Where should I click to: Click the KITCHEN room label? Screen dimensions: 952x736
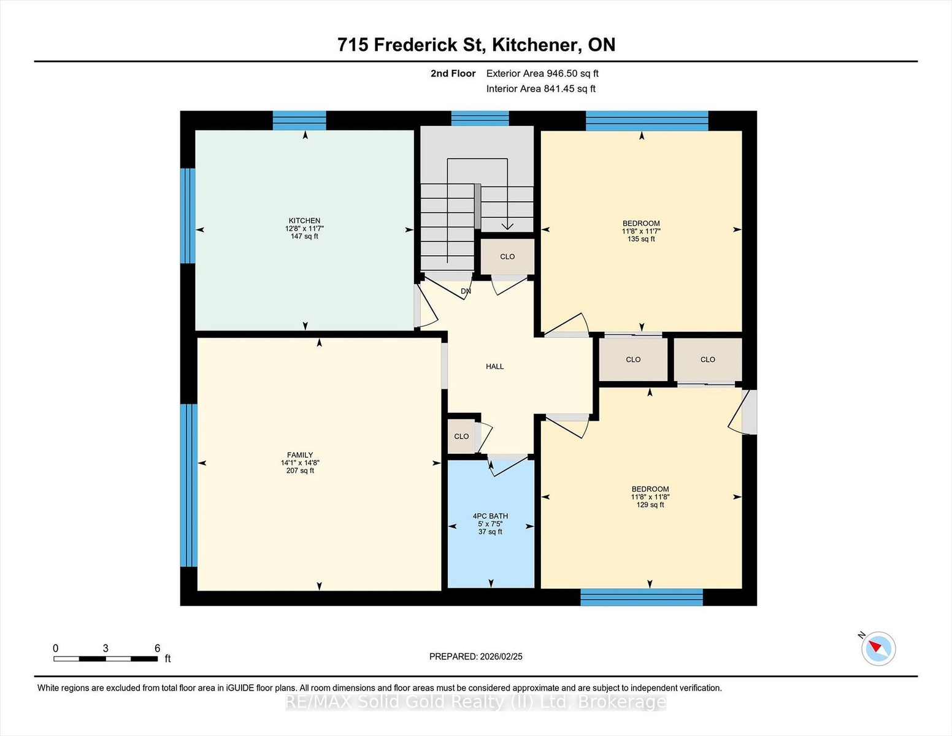(x=304, y=221)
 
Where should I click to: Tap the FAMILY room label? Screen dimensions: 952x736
(x=300, y=455)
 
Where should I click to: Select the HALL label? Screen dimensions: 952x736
(x=494, y=367)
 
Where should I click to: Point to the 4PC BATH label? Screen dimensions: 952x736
(x=490, y=516)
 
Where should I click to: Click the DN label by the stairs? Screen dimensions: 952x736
(x=466, y=291)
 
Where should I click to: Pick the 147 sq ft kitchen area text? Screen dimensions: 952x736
(x=304, y=236)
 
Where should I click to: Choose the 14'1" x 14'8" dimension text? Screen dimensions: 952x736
(x=300, y=463)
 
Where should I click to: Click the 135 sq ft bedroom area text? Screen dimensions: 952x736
(x=641, y=239)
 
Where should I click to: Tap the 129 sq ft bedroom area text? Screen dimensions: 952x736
(x=650, y=505)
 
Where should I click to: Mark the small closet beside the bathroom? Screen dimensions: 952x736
(x=461, y=437)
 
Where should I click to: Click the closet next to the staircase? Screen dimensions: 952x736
(x=507, y=256)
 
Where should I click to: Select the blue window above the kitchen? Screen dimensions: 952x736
(x=300, y=120)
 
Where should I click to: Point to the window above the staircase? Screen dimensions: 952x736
(x=480, y=118)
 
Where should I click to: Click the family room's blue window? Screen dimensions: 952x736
(x=189, y=485)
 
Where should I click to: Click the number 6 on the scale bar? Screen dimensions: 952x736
(x=157, y=648)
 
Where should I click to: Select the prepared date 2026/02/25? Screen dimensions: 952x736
(x=501, y=657)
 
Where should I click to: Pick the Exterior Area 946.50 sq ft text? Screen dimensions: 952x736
(x=542, y=74)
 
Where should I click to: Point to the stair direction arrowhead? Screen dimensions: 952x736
(x=507, y=226)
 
